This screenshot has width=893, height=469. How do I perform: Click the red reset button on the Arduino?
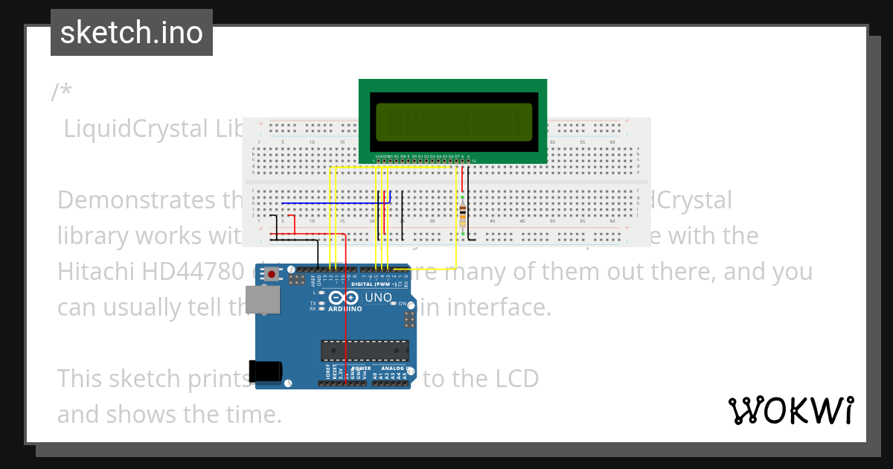(x=272, y=275)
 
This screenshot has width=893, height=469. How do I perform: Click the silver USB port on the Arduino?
(x=266, y=299)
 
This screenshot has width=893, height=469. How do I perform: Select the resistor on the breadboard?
(x=463, y=215)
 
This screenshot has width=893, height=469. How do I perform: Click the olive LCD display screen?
(x=452, y=122)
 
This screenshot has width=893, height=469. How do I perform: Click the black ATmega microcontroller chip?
(x=365, y=350)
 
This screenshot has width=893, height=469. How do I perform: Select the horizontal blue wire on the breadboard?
(x=335, y=202)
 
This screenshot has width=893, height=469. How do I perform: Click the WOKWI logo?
(x=790, y=410)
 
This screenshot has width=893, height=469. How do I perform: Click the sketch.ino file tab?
(x=132, y=33)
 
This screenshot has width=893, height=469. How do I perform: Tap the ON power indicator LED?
(x=403, y=304)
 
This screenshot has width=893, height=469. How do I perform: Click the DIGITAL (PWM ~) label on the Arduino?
(x=374, y=284)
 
